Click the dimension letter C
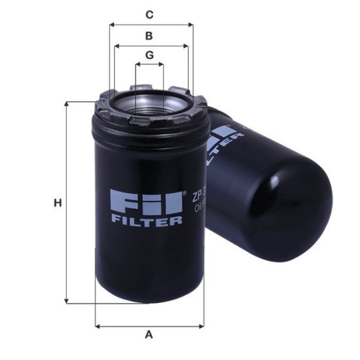(x=149, y=14)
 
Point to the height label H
(x=58, y=204)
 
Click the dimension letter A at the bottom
(x=149, y=335)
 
